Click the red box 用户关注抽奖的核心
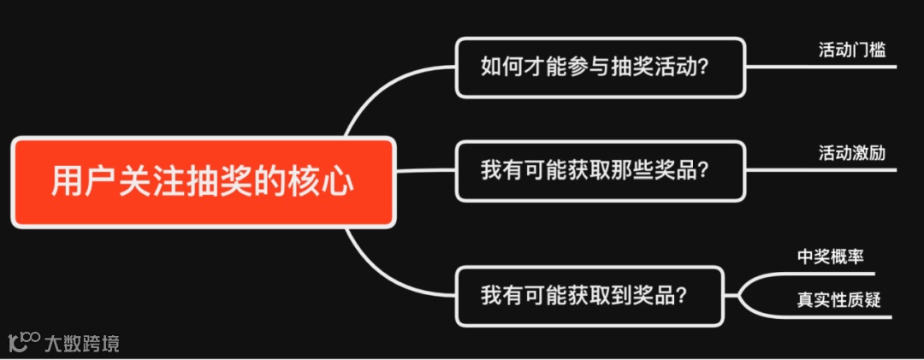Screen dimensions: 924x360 pos(203,182)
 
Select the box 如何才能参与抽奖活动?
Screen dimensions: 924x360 pos(600,67)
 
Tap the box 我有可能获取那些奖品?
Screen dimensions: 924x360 pos(600,170)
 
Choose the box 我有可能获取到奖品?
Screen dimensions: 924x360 pos(589,296)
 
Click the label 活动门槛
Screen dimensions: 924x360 pos(851,50)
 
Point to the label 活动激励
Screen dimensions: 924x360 pos(851,154)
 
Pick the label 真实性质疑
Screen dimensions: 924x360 pos(838,299)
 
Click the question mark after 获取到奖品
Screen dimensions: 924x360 pos(682,297)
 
